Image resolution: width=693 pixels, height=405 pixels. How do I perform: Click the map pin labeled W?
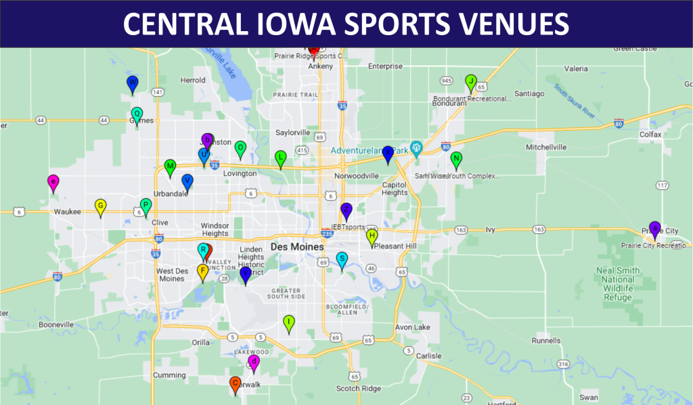coord(133,82)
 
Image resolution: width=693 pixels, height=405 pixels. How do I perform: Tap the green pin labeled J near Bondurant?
coord(471,82)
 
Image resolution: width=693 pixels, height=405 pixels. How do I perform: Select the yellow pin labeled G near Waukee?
coord(100,206)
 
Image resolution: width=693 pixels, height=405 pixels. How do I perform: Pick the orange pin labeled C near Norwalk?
coord(236,383)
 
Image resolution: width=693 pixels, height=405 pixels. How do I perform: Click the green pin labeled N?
coord(456,159)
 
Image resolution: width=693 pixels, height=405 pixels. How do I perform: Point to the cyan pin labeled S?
coord(342,259)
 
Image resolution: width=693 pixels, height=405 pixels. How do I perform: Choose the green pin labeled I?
coord(289,322)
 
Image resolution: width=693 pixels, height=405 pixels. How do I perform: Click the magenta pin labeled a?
coord(53,181)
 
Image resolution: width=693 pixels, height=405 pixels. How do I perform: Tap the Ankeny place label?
coord(320,66)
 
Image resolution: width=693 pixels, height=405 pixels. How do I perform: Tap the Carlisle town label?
coord(428,356)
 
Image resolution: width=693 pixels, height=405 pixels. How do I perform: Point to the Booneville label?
coord(55,325)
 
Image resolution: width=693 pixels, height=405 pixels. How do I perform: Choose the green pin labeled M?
coord(170,166)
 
